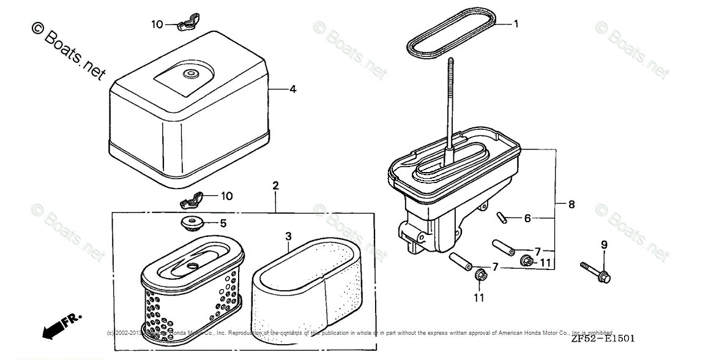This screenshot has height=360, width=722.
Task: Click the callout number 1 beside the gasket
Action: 516,24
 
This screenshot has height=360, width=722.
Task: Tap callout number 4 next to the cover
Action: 293,89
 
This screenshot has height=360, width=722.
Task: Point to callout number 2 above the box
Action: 275,185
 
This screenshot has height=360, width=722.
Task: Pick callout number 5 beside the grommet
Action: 223,223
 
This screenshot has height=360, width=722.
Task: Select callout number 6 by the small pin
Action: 527,218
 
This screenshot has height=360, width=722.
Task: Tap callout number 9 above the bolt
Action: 604,246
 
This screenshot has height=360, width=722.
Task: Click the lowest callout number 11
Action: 478,298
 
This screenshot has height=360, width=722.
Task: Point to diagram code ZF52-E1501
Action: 603,339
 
